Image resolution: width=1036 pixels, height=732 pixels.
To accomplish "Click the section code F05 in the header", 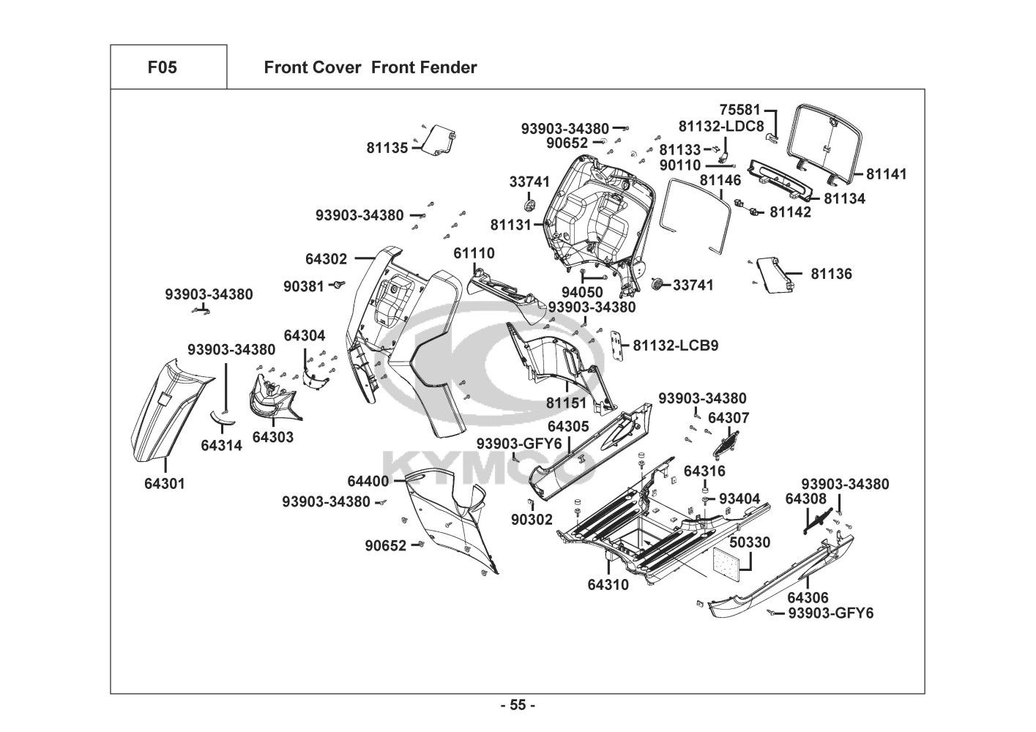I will click(x=162, y=68).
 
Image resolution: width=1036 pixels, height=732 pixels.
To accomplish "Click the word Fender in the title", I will click(x=449, y=68).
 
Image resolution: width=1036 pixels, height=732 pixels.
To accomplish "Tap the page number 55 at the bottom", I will click(x=518, y=706).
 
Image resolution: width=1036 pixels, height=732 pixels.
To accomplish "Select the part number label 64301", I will click(x=165, y=483).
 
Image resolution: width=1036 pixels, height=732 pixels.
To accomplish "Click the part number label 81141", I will click(x=886, y=174).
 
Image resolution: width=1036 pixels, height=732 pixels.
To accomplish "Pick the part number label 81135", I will click(x=387, y=148).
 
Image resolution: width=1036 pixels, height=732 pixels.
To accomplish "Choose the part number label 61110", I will click(x=474, y=253).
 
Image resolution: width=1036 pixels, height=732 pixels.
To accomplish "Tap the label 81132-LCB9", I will click(x=676, y=345).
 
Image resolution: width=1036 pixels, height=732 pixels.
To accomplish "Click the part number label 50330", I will click(x=750, y=542).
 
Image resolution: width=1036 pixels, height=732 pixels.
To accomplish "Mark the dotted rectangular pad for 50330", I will click(x=730, y=559).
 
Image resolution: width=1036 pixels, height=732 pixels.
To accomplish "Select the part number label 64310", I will click(x=608, y=585).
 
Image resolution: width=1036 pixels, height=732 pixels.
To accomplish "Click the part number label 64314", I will click(x=221, y=445).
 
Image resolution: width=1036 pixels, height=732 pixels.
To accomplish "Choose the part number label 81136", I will click(x=831, y=274).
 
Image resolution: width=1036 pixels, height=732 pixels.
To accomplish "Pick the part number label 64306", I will click(x=808, y=597).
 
